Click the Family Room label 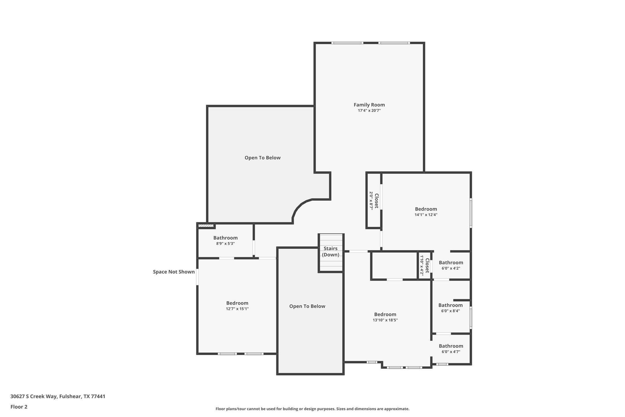point(369,105)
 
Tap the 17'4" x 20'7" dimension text point(369,111)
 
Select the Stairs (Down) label point(330,251)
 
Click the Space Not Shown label point(174,272)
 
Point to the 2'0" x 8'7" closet point(374,200)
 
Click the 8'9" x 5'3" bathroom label point(225,238)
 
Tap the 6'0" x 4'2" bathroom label point(451,263)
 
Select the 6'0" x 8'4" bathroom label point(450,305)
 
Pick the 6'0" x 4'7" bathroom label point(451,346)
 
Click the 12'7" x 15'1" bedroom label point(237,303)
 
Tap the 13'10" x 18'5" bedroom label point(385,314)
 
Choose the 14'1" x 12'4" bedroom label point(426,209)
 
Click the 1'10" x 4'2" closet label point(424,266)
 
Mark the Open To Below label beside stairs point(307,306)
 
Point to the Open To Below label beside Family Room point(262,158)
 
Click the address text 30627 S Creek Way point(58,396)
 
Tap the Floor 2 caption point(19,407)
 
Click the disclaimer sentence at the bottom point(312,409)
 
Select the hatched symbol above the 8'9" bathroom point(206,226)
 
